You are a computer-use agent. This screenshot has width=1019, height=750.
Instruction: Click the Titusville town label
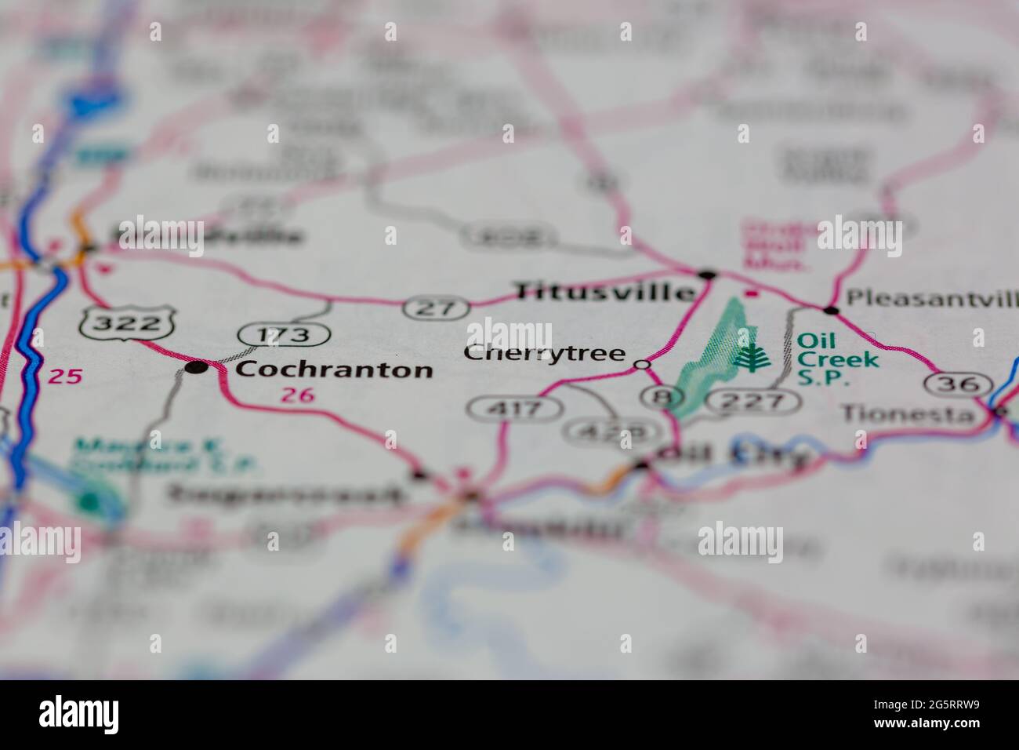click(604, 292)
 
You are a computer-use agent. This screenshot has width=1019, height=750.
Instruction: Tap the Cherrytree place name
click(544, 353)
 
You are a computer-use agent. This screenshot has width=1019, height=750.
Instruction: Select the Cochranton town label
click(334, 369)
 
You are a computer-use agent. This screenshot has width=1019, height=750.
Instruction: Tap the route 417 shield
click(515, 408)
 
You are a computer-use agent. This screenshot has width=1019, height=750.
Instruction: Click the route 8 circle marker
click(657, 396)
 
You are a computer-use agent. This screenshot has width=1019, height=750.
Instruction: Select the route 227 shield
click(752, 402)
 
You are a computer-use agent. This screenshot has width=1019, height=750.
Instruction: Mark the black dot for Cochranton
click(196, 366)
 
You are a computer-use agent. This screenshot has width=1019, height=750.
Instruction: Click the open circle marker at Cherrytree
click(642, 364)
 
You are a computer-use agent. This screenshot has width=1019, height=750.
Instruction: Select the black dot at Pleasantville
click(831, 311)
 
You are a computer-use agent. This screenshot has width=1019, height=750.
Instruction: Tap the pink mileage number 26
click(297, 395)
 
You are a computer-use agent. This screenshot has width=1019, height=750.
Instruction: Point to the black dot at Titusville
click(707, 275)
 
